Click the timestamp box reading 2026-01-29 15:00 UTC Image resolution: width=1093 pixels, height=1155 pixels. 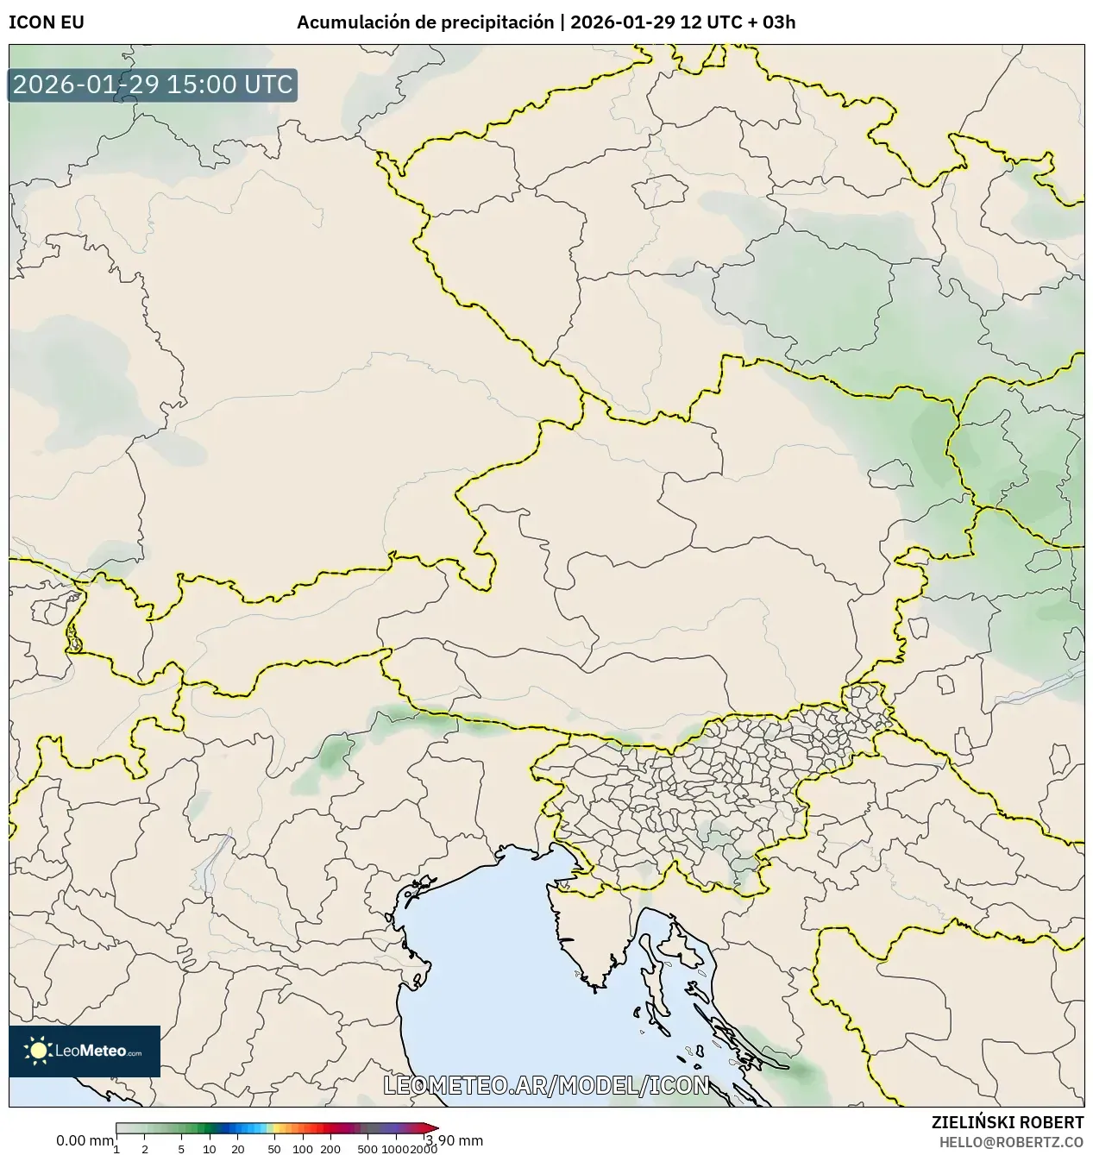(153, 85)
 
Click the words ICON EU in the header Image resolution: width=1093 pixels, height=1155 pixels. (47, 22)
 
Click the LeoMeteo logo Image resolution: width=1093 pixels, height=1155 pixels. (85, 1051)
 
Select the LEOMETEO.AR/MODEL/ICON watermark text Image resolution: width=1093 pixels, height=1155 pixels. (546, 1085)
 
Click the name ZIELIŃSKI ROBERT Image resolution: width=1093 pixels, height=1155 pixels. (1007, 1122)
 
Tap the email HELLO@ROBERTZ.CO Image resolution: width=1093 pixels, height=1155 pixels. (1011, 1141)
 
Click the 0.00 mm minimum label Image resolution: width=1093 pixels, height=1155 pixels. (85, 1140)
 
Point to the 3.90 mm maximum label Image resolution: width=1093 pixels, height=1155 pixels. (455, 1140)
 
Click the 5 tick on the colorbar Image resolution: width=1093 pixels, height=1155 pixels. (181, 1148)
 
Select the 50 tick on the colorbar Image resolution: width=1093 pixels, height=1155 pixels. (274, 1148)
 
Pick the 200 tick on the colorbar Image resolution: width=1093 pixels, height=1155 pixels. (330, 1148)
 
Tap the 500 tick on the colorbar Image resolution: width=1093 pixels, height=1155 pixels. (367, 1148)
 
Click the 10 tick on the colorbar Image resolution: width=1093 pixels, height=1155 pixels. (210, 1148)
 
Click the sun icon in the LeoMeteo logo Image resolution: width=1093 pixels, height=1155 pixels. (38, 1050)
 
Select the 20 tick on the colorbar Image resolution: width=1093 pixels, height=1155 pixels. (238, 1148)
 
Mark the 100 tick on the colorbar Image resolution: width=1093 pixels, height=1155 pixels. (302, 1148)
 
